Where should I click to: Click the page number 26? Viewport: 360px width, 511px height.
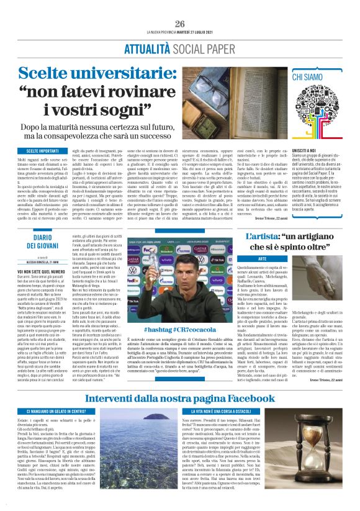point(180,24)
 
